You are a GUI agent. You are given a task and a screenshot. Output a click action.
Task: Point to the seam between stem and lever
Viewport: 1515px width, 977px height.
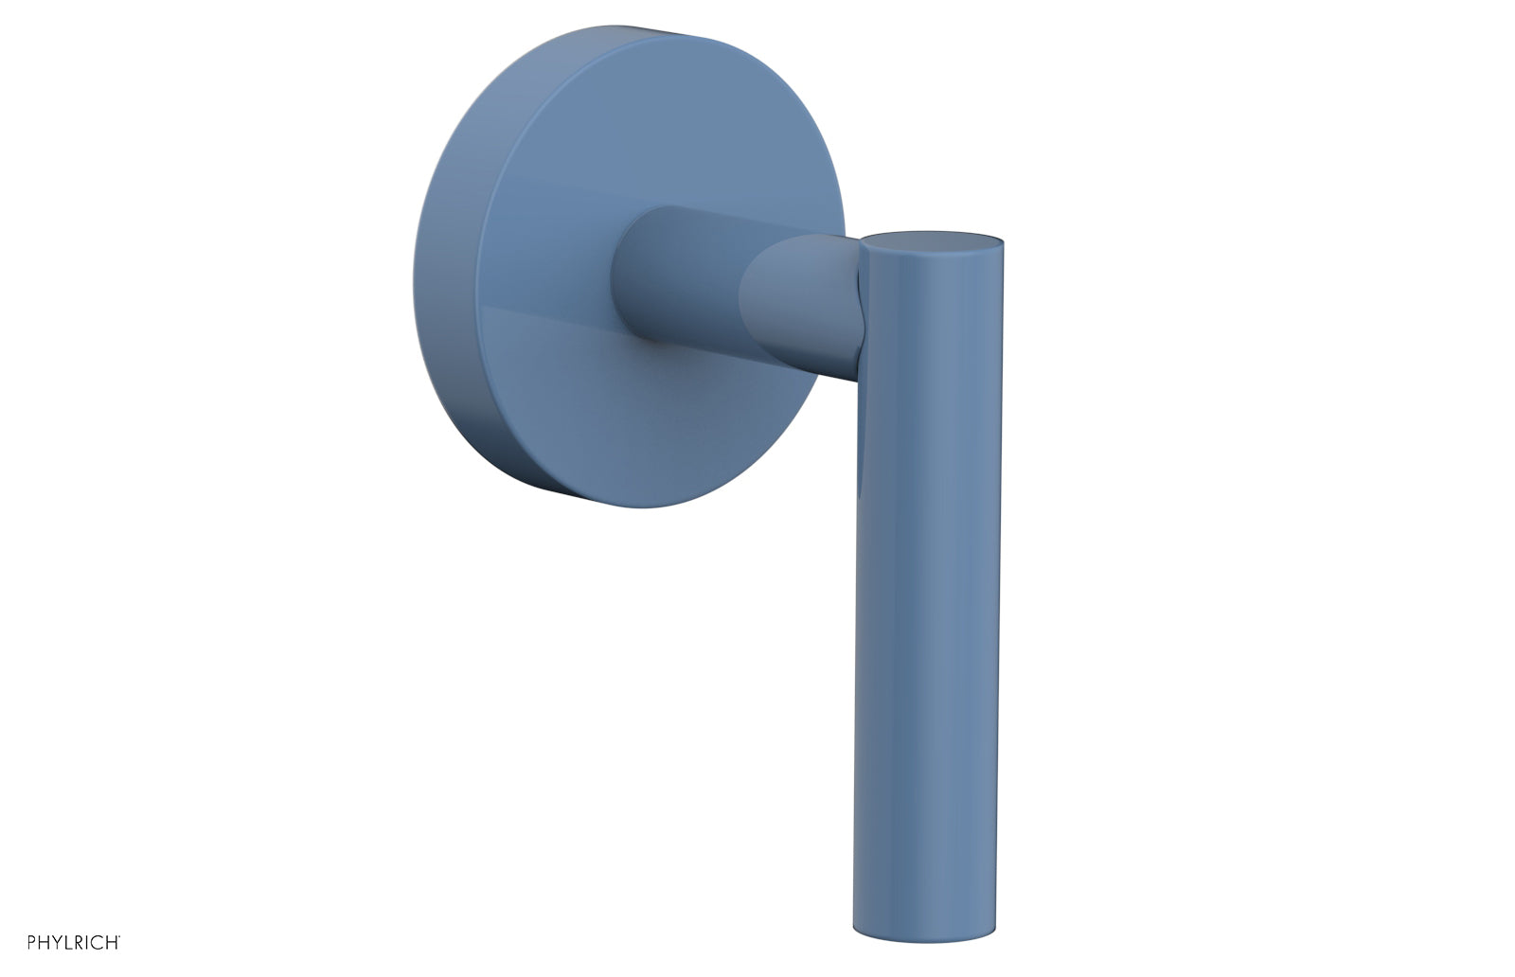coord(860,303)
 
